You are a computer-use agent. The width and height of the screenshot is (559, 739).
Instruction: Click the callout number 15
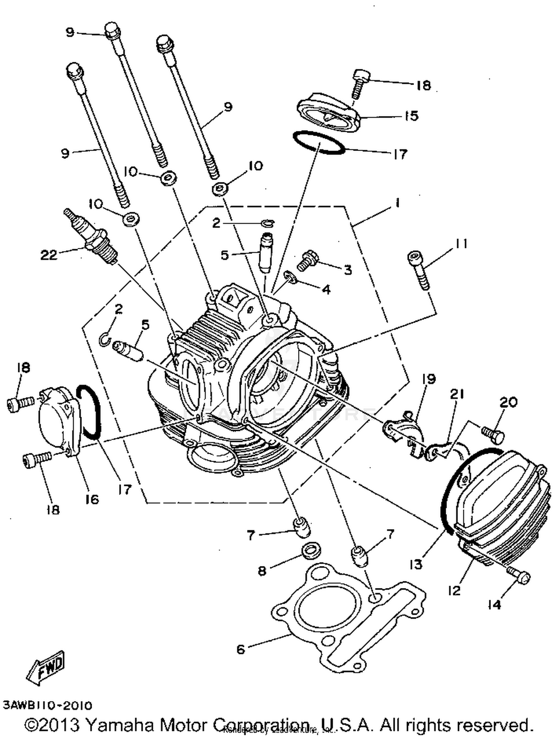(x=411, y=116)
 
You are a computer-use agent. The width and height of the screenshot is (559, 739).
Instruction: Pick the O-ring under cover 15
(x=319, y=142)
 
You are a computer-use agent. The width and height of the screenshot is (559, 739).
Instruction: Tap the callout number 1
(x=398, y=203)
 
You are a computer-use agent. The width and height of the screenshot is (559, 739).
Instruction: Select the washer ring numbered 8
(x=311, y=551)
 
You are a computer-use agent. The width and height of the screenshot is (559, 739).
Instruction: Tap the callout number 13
(x=416, y=564)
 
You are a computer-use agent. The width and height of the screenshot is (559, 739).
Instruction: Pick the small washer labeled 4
(x=291, y=276)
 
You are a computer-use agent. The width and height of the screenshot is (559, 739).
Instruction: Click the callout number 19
(x=429, y=379)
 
